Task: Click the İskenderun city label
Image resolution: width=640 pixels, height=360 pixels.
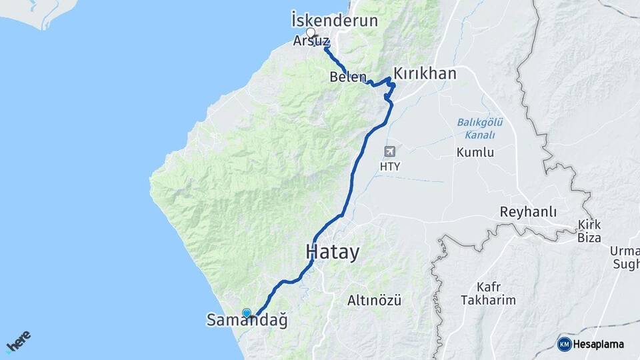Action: (x=335, y=20)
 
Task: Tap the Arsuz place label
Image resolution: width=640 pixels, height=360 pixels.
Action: (x=311, y=41)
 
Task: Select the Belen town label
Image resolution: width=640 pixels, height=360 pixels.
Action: (x=348, y=77)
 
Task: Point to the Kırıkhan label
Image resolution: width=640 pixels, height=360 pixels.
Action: (x=425, y=73)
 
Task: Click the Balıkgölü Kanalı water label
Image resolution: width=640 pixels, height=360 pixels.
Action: (x=480, y=128)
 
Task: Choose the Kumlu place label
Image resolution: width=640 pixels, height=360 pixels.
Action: (x=475, y=153)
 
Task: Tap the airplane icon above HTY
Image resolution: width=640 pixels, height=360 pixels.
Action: (x=389, y=151)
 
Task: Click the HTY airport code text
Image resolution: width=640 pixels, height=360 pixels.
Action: (x=389, y=167)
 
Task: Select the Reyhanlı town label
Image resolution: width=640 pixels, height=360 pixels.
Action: (x=528, y=212)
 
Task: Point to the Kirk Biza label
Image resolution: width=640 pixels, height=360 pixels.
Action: (x=589, y=231)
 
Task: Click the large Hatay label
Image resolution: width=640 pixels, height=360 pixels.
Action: (x=332, y=253)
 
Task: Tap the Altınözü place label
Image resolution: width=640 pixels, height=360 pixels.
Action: (x=374, y=300)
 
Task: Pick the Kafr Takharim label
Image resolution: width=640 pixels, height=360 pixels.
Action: (x=488, y=294)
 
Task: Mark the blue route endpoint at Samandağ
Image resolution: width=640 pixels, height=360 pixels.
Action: (x=247, y=313)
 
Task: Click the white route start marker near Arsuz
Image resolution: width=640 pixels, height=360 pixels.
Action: (x=311, y=31)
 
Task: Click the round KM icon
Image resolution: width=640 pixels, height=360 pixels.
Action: (x=564, y=344)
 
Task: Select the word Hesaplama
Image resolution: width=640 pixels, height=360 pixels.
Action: (x=599, y=344)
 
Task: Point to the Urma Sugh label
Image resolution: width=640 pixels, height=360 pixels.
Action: (x=625, y=257)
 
